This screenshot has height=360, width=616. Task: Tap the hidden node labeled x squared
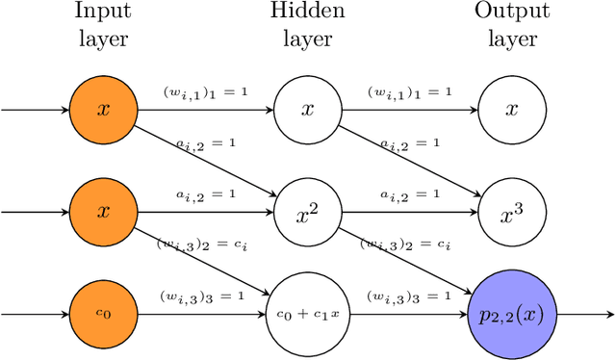(x=307, y=212)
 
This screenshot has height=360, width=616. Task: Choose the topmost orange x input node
(x=103, y=109)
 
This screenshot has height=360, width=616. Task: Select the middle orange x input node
(x=103, y=212)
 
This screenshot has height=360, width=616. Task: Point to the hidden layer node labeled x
(x=307, y=109)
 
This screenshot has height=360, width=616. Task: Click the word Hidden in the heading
(x=307, y=12)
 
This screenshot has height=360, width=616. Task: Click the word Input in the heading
(x=103, y=12)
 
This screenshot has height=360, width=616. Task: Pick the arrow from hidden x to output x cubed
(x=409, y=160)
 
